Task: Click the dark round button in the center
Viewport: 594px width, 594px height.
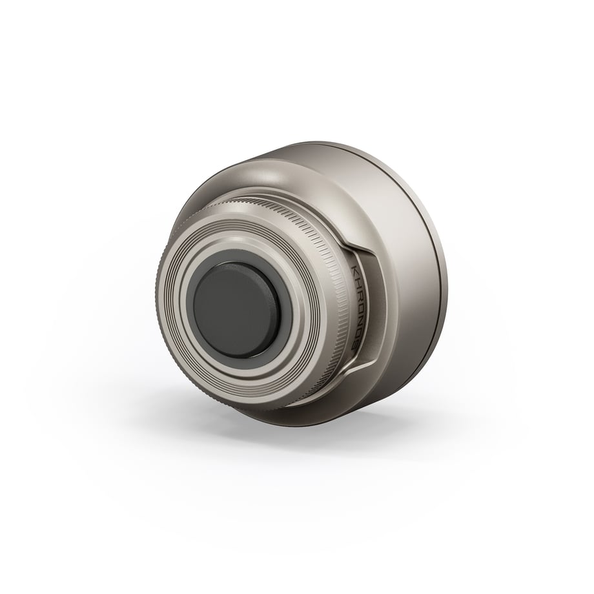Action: (x=236, y=311)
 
